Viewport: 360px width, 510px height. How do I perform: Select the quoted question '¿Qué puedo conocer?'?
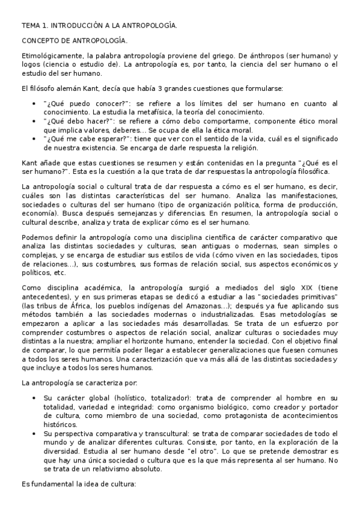[77, 103]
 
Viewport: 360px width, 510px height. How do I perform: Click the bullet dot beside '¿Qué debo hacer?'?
[33, 120]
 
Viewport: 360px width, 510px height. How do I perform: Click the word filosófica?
[310, 171]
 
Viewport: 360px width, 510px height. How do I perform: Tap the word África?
[79, 305]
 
